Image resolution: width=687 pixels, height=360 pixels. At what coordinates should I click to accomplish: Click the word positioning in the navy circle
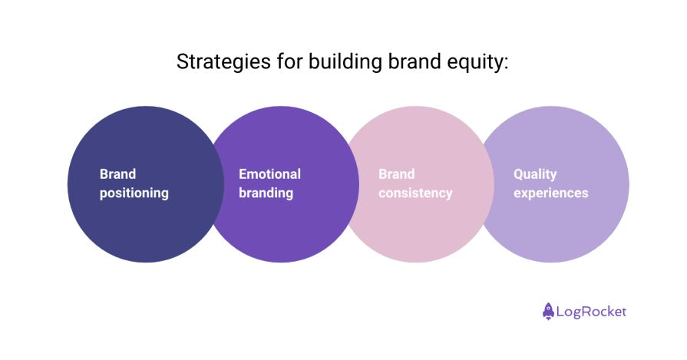134,193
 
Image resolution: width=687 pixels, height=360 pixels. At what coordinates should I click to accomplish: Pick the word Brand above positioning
117,174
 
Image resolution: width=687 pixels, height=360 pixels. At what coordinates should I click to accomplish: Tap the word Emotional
269,174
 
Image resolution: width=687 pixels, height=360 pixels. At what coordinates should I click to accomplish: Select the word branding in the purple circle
266,193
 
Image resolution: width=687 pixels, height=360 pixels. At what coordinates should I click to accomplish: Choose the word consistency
415,193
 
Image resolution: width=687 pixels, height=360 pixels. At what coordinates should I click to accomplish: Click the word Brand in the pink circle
396,174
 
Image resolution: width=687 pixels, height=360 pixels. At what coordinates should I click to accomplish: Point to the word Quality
535,174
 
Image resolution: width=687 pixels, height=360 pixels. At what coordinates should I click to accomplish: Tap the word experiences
550,193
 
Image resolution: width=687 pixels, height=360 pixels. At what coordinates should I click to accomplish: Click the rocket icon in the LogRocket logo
548,311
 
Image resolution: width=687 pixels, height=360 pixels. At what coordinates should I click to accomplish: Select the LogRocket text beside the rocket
592,312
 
